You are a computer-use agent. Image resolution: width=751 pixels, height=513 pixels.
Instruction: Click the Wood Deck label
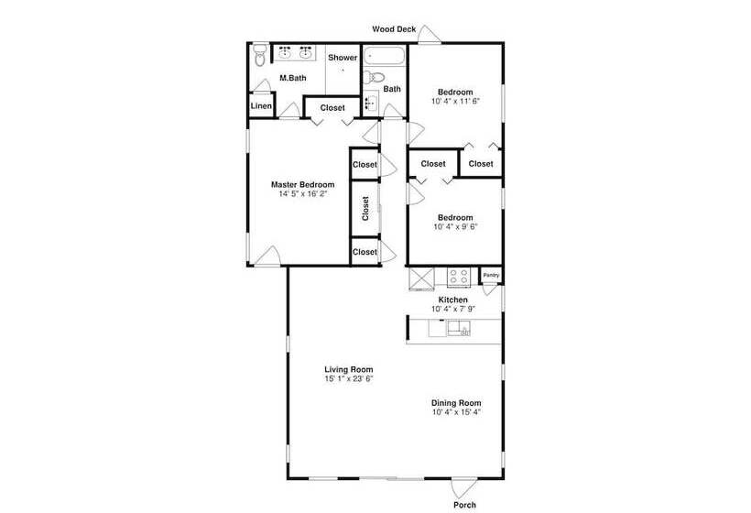click(x=394, y=29)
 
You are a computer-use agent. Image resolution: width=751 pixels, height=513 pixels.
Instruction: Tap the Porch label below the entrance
click(x=464, y=505)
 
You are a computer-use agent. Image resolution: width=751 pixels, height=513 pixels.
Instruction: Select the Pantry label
click(x=491, y=276)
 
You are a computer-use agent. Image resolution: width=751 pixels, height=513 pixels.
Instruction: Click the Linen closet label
click(x=261, y=106)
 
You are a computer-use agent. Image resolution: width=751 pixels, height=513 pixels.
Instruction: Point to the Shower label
click(x=343, y=58)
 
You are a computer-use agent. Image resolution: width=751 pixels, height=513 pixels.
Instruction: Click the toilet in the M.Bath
click(x=260, y=55)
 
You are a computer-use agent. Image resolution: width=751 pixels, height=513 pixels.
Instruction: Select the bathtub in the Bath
click(x=384, y=56)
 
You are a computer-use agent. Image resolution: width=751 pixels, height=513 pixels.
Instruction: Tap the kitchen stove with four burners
click(x=459, y=278)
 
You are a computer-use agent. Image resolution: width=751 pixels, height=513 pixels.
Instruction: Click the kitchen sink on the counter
click(x=459, y=329)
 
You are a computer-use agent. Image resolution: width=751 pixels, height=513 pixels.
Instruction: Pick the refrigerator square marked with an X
click(x=421, y=278)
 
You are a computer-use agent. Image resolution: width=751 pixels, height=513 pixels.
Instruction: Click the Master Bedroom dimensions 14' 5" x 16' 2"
click(x=303, y=194)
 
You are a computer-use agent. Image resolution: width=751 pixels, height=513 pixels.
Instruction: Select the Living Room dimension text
click(x=349, y=379)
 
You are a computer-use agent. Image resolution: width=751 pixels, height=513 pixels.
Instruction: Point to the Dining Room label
click(x=456, y=403)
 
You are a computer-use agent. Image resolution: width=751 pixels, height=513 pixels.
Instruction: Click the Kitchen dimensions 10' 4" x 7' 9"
click(x=453, y=309)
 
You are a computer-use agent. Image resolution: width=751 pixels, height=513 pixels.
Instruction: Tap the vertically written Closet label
click(x=365, y=208)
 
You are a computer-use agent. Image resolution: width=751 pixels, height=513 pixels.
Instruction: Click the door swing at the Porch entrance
click(x=463, y=487)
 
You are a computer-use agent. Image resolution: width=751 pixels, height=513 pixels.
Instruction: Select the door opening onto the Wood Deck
click(x=430, y=34)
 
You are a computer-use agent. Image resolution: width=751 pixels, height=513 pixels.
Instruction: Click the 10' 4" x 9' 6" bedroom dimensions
click(x=455, y=227)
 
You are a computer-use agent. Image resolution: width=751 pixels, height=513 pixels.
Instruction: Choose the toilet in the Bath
click(x=374, y=77)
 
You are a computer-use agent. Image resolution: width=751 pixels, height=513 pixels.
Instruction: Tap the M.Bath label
click(x=293, y=78)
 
